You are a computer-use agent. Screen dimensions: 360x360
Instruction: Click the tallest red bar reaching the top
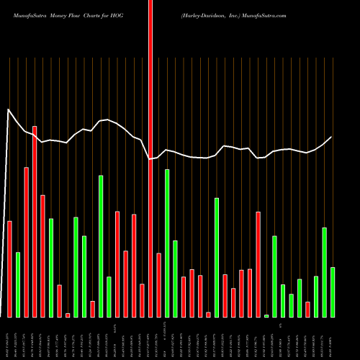coord(150,144)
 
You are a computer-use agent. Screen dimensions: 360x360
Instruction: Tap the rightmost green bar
coord(333,292)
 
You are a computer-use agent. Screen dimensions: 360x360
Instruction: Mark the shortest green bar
coord(266,315)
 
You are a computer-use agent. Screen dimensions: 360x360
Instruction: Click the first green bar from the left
coord(18,284)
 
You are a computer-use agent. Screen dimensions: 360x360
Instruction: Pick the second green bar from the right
coord(325,272)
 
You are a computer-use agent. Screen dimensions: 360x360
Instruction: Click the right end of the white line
coord(332,137)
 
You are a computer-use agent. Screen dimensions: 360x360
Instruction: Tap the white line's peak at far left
coord(8,109)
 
